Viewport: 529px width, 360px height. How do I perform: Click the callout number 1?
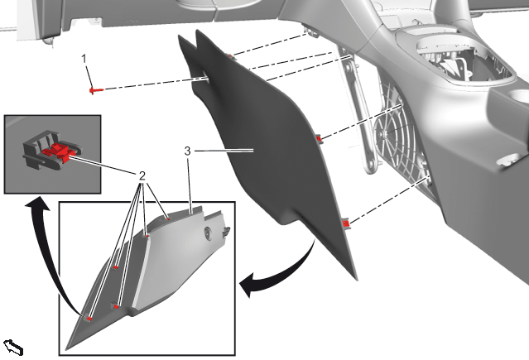click(x=84, y=59)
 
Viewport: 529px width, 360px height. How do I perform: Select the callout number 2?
click(x=142, y=175)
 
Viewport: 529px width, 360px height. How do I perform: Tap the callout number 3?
click(x=188, y=151)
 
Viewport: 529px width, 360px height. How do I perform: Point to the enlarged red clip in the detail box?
click(x=59, y=150)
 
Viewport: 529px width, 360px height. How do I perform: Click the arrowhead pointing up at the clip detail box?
click(x=36, y=204)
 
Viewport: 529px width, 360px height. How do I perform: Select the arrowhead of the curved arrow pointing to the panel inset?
click(x=248, y=284)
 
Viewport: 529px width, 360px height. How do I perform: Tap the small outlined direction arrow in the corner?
click(x=13, y=348)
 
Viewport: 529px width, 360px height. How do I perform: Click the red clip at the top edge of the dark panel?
click(x=229, y=56)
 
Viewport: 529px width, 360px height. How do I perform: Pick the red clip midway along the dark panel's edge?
click(x=319, y=138)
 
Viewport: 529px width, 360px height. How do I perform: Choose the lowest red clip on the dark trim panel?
click(x=345, y=223)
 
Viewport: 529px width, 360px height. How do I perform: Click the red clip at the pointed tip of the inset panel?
click(x=89, y=318)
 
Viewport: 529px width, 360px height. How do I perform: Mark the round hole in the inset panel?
click(x=207, y=232)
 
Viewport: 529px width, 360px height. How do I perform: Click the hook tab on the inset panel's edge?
click(x=226, y=232)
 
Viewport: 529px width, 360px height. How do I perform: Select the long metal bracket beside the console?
click(x=358, y=111)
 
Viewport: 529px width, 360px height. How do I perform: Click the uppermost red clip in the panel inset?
click(x=168, y=218)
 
